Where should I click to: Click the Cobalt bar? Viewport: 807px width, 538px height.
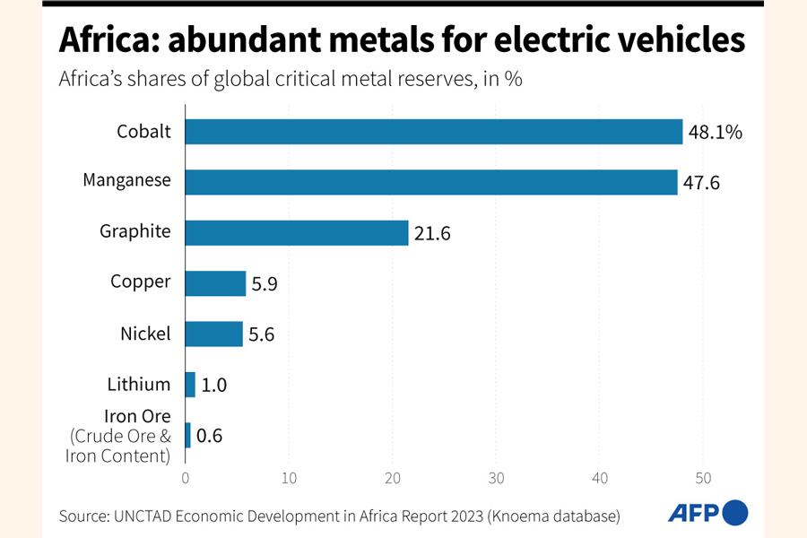click(434, 132)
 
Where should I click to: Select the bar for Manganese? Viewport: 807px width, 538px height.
click(431, 182)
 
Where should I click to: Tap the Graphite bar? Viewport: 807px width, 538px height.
click(297, 232)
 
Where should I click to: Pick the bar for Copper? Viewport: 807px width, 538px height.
click(215, 283)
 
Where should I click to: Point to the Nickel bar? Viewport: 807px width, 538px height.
click(214, 334)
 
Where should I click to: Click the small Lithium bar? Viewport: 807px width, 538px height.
click(190, 385)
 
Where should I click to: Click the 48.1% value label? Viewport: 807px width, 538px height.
click(716, 133)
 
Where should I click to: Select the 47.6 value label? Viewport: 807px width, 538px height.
click(702, 183)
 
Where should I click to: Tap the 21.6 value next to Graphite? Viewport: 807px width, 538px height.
click(432, 233)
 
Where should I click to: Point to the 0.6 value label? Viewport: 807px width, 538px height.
click(209, 437)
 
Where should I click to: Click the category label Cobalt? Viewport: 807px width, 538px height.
click(143, 132)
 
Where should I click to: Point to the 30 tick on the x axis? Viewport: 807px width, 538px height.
click(496, 478)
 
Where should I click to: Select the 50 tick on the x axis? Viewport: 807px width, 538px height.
click(704, 478)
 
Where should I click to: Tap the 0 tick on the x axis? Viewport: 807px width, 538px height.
click(186, 478)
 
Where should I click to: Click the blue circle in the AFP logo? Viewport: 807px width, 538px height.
click(735, 512)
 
